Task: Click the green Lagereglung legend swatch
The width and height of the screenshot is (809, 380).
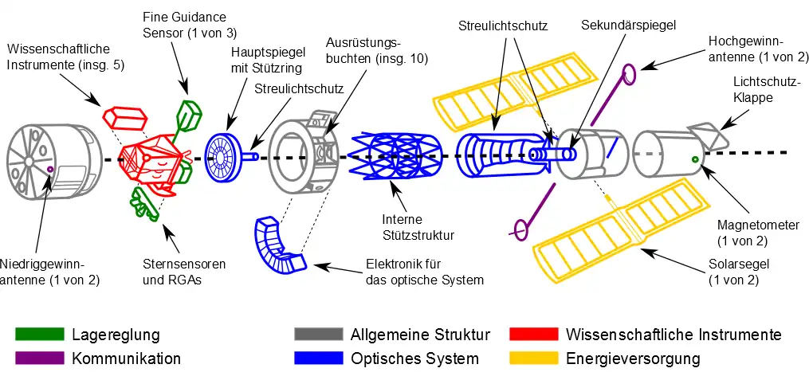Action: (39, 333)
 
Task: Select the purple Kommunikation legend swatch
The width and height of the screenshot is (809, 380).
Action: (39, 358)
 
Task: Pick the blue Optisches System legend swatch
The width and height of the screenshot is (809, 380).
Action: (318, 358)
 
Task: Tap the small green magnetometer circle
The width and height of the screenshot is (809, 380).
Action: (696, 160)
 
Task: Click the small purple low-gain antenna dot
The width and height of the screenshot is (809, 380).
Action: (50, 170)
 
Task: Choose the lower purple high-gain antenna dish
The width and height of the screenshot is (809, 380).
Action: (520, 230)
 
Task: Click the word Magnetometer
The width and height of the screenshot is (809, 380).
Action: (757, 225)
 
